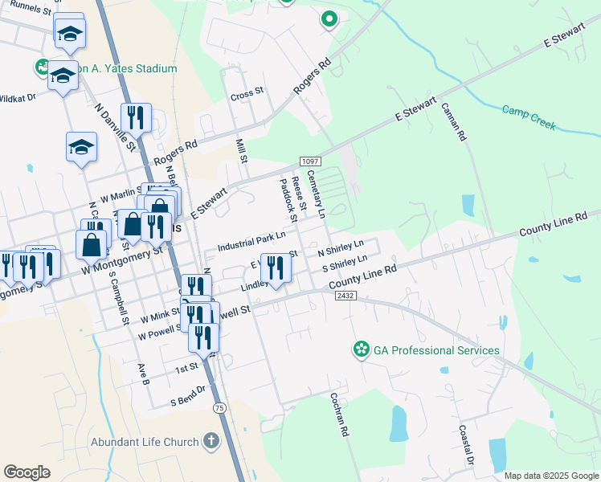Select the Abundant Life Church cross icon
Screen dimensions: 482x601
pyautogui.click(x=211, y=441)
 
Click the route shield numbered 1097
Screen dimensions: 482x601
pyautogui.click(x=309, y=161)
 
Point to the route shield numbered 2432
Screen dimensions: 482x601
pyautogui.click(x=345, y=296)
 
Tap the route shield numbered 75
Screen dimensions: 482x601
pyautogui.click(x=219, y=408)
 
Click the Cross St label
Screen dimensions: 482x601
pyautogui.click(x=247, y=93)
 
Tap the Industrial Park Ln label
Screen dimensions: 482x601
pyautogui.click(x=251, y=240)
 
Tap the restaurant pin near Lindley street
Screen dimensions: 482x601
pyautogui.click(x=276, y=268)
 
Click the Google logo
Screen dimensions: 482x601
pyautogui.click(x=27, y=472)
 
